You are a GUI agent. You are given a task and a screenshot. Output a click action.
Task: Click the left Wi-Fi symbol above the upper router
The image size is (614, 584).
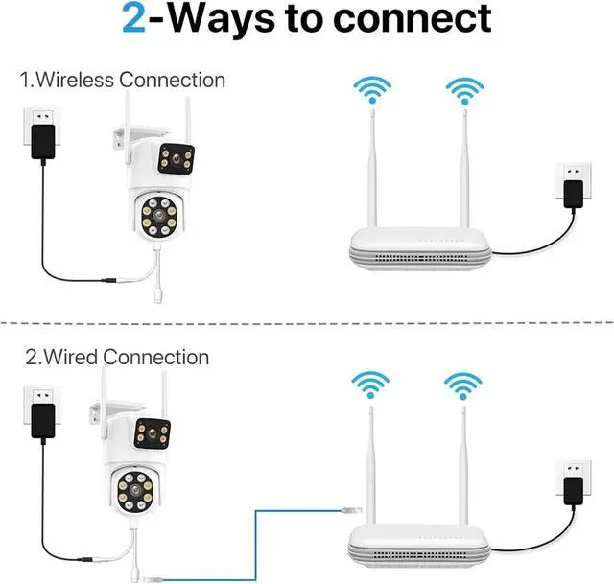tap(370, 92)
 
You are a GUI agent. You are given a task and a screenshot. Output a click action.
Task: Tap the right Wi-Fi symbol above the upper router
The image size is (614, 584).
tap(462, 92)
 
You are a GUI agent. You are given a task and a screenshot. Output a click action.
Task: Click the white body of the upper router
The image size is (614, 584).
tap(418, 244)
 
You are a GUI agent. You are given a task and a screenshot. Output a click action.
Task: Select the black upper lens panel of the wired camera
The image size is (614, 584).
tap(153, 435)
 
